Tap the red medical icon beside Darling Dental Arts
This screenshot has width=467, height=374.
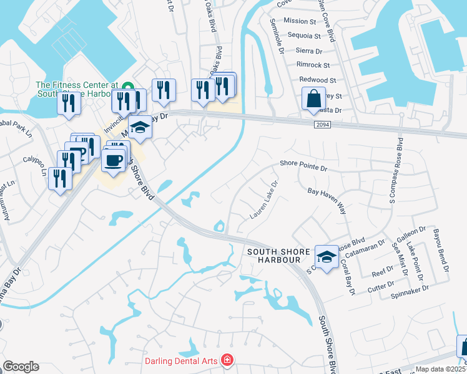click(228, 360)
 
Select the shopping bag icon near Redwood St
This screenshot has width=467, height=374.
click(313, 98)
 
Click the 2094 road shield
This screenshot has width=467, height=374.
click(321, 125)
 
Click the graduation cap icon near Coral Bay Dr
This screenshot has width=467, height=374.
click(325, 256)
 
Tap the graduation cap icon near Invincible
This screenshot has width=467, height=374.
click(140, 128)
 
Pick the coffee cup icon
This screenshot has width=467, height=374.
click(113, 160)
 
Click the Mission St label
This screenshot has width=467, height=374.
click(300, 21)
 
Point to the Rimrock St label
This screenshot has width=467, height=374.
click(318, 64)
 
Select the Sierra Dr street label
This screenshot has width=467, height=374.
click(310, 50)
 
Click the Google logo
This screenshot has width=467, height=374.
click(21, 367)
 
